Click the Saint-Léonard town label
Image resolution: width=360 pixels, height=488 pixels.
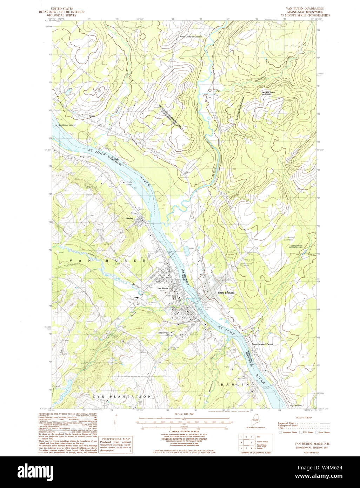(226, 292)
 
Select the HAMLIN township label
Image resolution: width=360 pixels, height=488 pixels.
(235, 385)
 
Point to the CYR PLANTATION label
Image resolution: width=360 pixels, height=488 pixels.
(122, 396)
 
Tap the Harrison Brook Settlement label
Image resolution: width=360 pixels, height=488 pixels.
(268, 93)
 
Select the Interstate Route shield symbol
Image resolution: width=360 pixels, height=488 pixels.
(280, 433)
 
